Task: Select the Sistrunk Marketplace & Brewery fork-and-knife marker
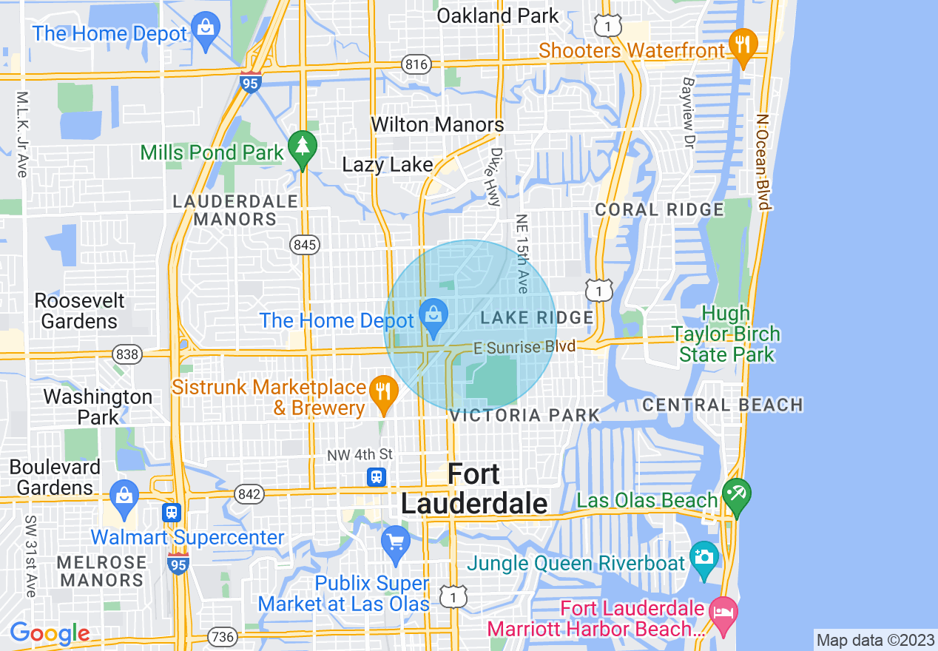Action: (382, 391)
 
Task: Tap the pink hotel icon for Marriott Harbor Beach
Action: (723, 612)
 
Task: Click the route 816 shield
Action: (416, 64)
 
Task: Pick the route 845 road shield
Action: (304, 245)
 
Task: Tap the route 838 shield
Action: (127, 354)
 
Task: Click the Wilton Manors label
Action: (437, 124)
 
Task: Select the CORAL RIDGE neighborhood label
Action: (659, 209)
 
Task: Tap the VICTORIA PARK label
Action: (524, 415)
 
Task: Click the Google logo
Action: (50, 634)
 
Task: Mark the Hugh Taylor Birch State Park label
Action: (726, 334)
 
